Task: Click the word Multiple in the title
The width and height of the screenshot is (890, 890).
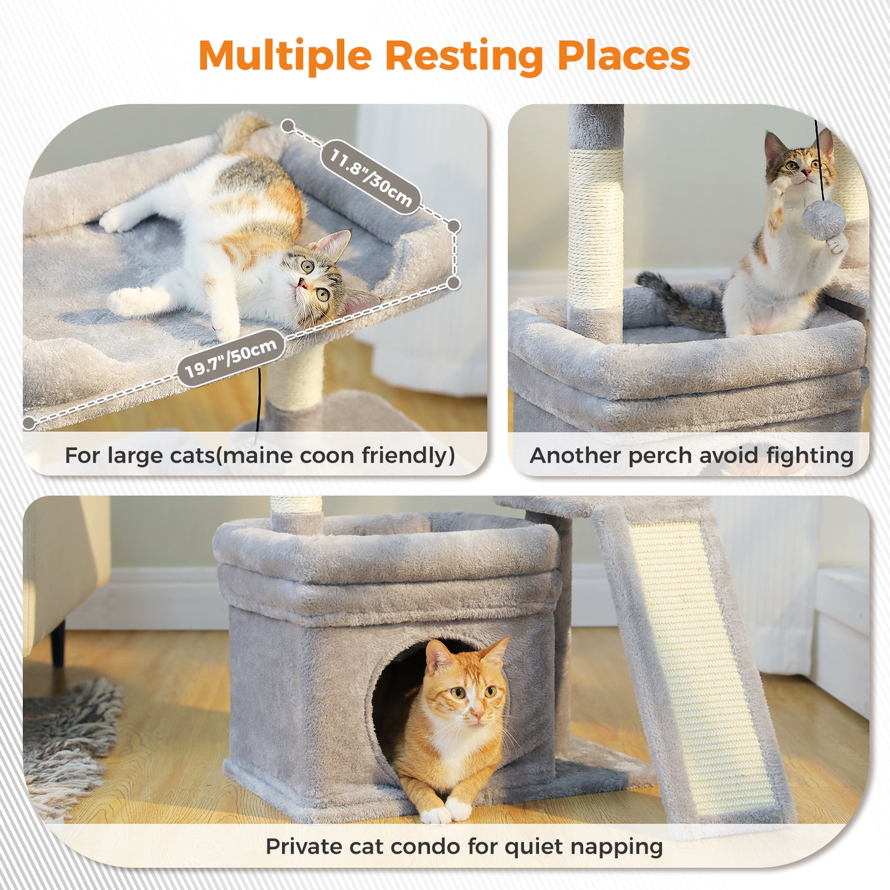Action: click(x=285, y=56)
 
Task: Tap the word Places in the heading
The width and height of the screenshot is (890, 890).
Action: click(x=623, y=56)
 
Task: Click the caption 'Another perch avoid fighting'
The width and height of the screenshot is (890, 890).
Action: click(x=691, y=456)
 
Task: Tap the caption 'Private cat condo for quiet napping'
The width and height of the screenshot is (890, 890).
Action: click(x=464, y=846)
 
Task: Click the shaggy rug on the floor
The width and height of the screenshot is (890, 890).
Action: click(x=68, y=739)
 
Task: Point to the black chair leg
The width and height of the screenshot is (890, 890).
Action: click(x=57, y=644)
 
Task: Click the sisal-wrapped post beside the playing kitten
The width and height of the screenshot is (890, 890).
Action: click(x=594, y=228)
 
